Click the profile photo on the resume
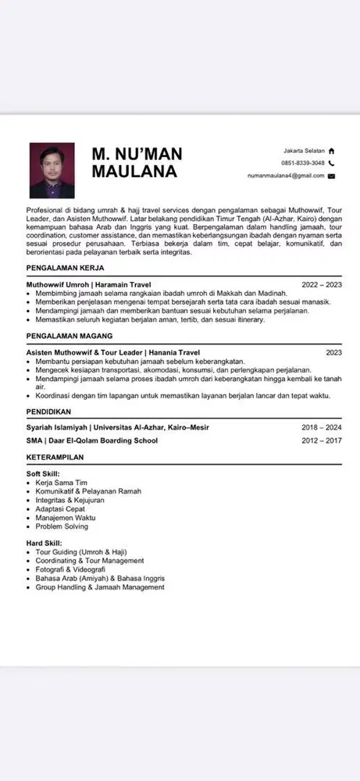click(52, 169)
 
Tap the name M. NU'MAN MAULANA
click(136, 162)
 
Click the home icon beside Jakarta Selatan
click(331, 150)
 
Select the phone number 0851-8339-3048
click(302, 163)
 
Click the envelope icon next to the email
click(331, 177)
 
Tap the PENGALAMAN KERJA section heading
click(66, 268)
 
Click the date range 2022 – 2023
click(322, 285)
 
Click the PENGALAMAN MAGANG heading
click(70, 336)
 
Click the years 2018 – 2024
click(322, 428)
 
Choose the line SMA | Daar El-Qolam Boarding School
click(91, 440)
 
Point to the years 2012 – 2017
click(322, 440)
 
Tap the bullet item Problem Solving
click(62, 526)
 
